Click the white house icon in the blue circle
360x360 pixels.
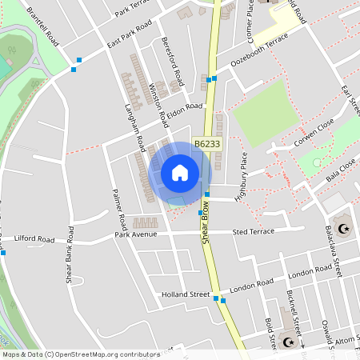click(180, 173)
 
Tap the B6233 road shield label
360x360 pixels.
click(206, 144)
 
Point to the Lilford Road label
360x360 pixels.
click(34, 239)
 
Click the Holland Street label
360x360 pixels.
click(186, 294)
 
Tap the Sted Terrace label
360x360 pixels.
click(253, 232)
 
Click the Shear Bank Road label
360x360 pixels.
click(69, 255)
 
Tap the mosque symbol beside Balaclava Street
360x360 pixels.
click(345, 229)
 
